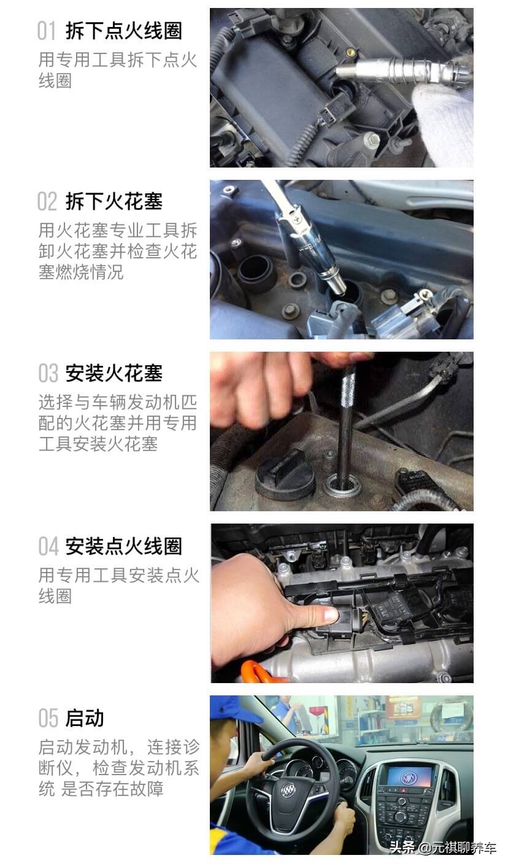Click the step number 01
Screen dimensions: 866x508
pyautogui.click(x=47, y=31)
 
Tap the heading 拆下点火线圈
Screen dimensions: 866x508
pyautogui.click(x=124, y=31)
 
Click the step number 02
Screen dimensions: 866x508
pyautogui.click(x=47, y=202)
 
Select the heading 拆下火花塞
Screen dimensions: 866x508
pyautogui.click(x=114, y=202)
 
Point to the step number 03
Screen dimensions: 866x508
pyautogui.click(x=48, y=373)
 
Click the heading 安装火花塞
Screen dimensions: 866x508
pyautogui.click(x=114, y=373)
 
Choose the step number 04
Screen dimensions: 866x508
pyautogui.click(x=48, y=546)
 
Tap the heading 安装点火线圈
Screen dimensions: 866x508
pyautogui.click(x=124, y=546)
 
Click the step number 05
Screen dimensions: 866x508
pyautogui.click(x=48, y=718)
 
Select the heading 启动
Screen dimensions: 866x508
pyautogui.click(x=85, y=718)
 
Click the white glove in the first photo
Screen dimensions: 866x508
pyautogui.click(x=443, y=123)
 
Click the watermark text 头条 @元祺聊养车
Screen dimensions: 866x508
pyautogui.click(x=443, y=848)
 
